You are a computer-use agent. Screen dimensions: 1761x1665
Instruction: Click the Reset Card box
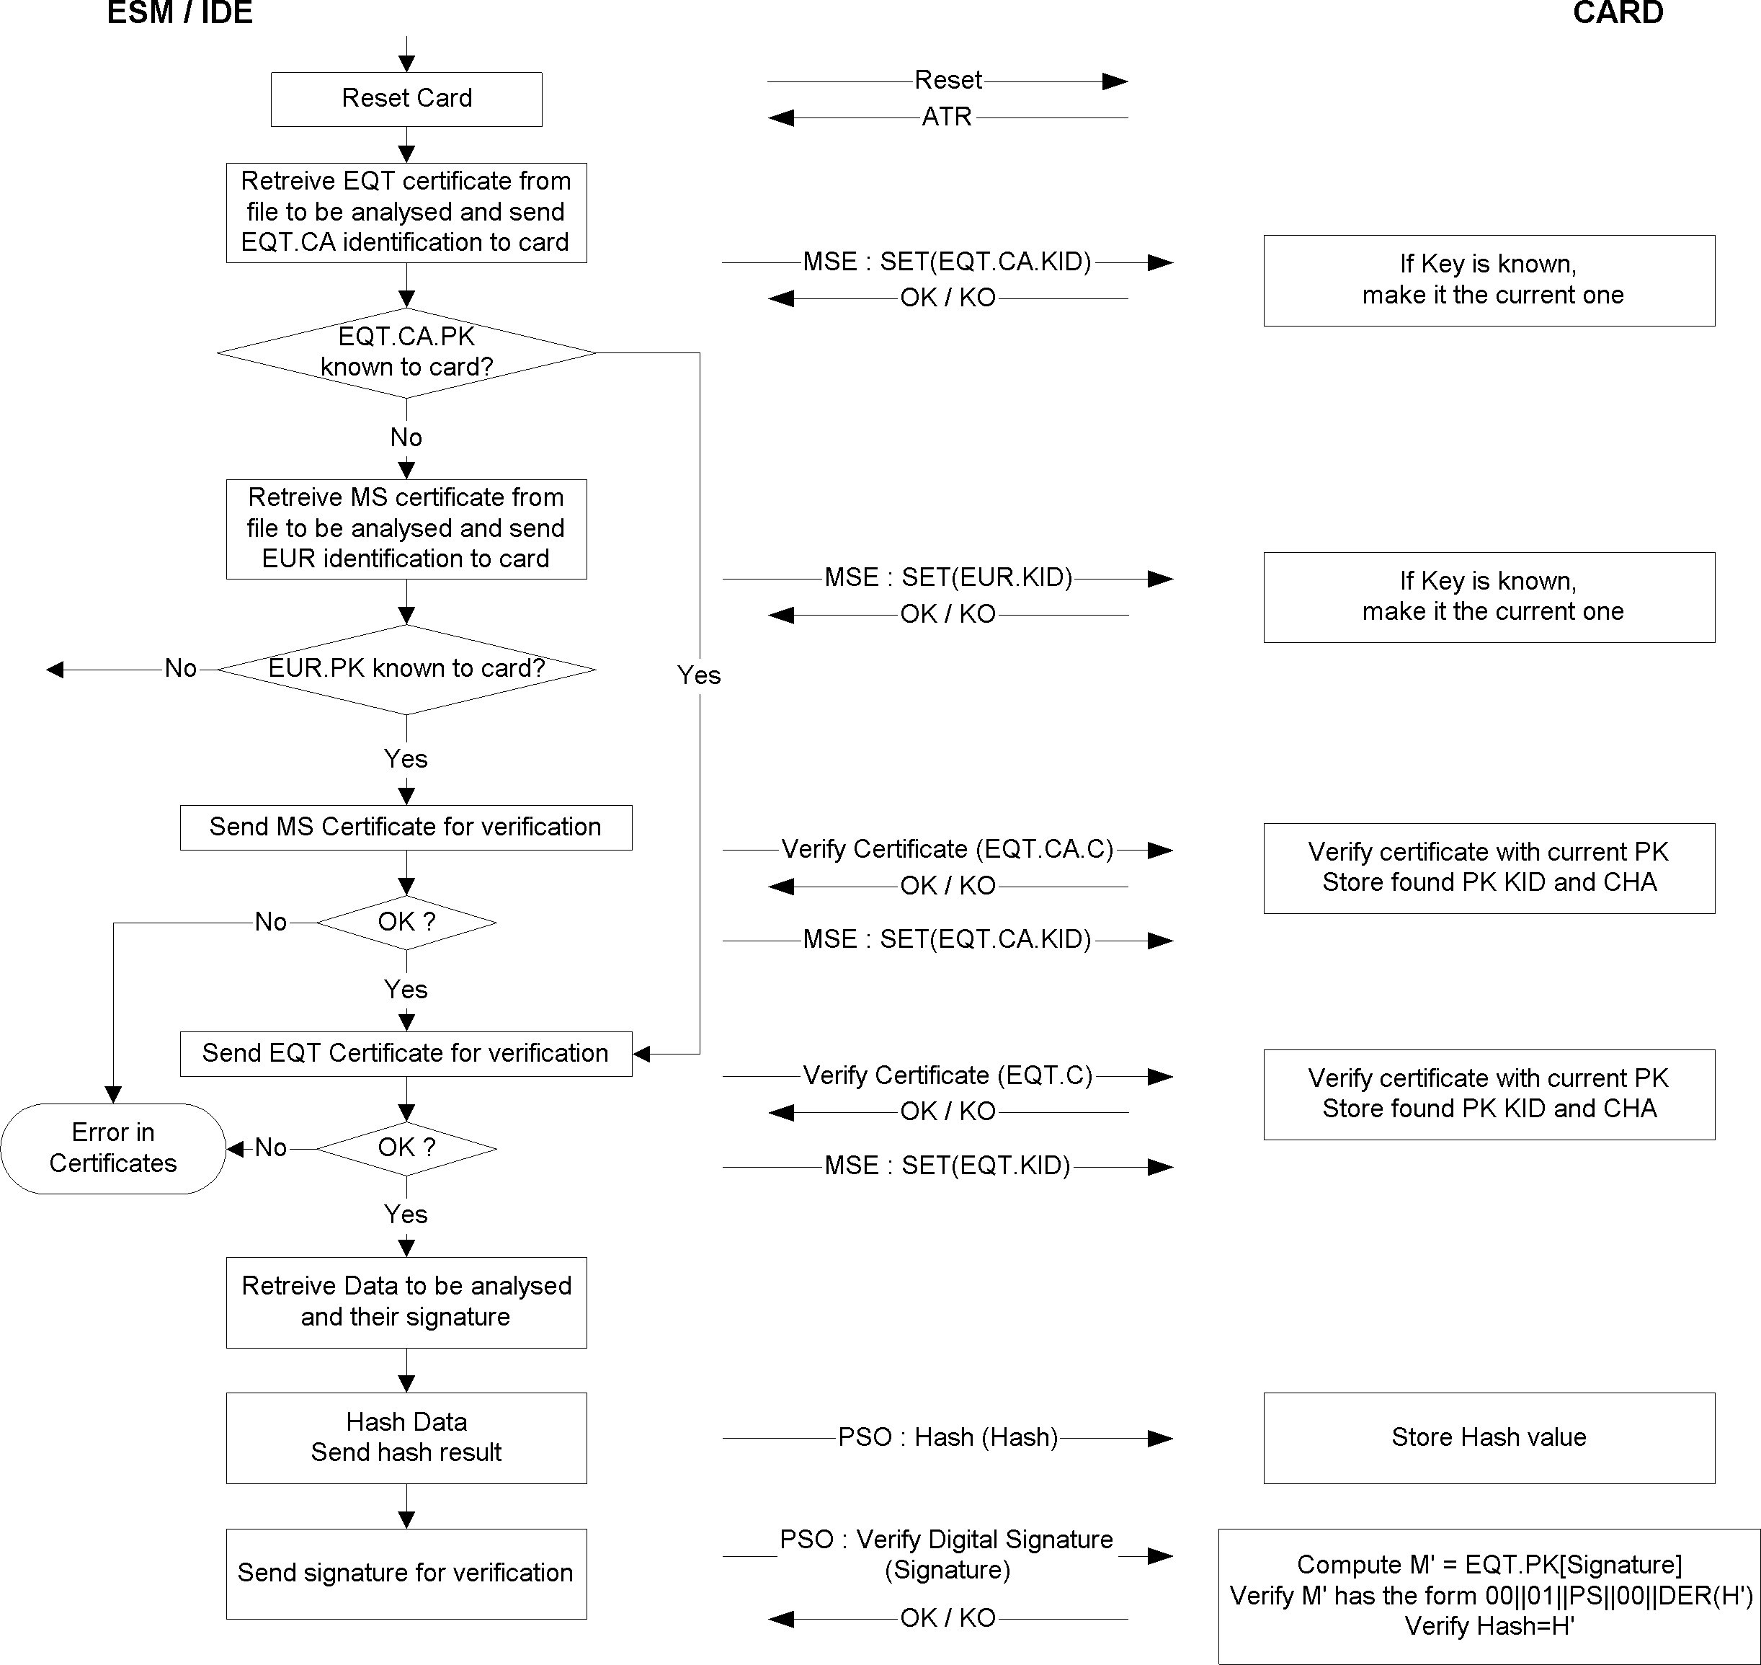tap(406, 99)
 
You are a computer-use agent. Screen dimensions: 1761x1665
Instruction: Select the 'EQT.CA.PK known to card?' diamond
tap(406, 353)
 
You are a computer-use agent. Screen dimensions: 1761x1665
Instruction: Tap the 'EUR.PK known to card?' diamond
tap(406, 669)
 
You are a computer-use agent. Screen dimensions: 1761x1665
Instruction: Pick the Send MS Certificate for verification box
tap(406, 827)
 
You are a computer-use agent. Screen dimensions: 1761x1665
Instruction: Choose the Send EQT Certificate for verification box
tap(406, 1054)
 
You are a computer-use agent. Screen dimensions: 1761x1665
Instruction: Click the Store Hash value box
tap(1489, 1438)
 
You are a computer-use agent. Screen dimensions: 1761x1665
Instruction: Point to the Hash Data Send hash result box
tap(406, 1438)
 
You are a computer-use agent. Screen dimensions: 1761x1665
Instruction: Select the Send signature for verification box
tap(406, 1573)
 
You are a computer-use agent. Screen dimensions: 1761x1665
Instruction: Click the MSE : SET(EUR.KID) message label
tap(948, 578)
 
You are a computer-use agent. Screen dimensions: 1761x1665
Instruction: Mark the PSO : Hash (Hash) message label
tap(948, 1437)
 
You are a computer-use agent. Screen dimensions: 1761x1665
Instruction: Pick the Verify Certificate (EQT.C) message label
tap(948, 1075)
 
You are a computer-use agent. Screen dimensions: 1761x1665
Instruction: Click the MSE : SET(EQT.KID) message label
tap(948, 1165)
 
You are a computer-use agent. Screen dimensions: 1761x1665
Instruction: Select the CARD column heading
tap(1618, 13)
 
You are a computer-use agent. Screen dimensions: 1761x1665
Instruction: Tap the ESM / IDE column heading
tap(180, 13)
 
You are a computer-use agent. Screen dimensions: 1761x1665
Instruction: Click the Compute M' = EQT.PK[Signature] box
tap(1489, 1596)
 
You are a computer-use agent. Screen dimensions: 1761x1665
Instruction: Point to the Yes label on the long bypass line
tap(699, 675)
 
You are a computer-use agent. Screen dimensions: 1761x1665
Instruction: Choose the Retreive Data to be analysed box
tap(406, 1302)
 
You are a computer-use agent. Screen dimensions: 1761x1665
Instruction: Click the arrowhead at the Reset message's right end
tap(1115, 81)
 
